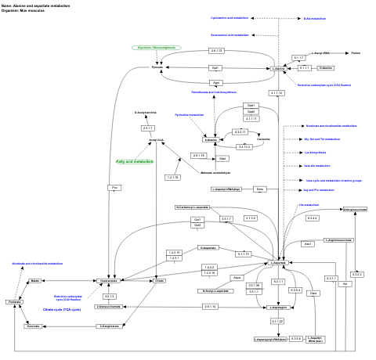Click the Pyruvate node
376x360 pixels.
tap(157, 68)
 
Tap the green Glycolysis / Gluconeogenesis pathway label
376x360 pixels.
tap(156, 48)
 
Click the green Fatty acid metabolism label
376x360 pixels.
tap(135, 161)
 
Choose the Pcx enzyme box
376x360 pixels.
tap(114, 188)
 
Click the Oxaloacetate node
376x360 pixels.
tap(109, 279)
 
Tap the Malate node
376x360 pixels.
tap(35, 279)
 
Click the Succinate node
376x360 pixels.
tap(33, 326)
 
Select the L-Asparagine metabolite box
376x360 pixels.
tap(279, 308)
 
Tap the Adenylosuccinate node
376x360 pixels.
tap(355, 210)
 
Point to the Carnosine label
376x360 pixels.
tap(263, 139)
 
